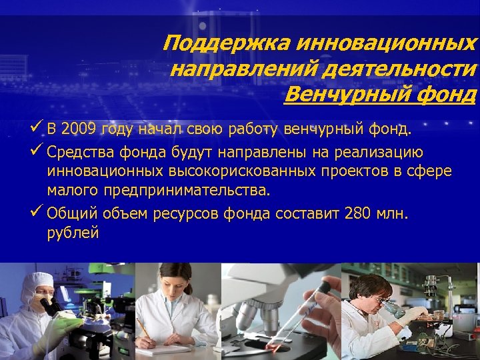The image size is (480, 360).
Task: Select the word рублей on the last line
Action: (x=73, y=233)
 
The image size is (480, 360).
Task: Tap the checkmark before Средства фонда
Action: (x=38, y=151)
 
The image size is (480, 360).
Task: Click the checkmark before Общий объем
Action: (x=38, y=213)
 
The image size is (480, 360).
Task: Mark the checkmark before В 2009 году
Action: (x=38, y=127)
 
